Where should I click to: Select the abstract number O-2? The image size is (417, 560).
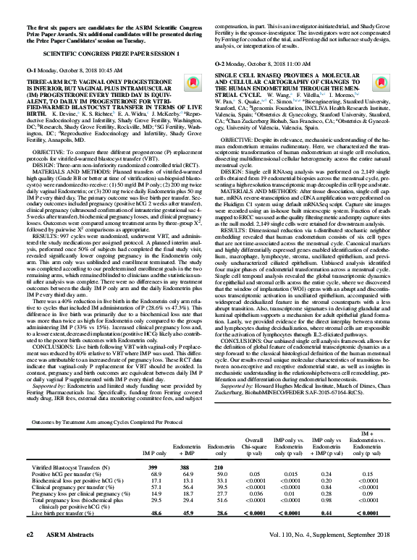[x=220, y=64]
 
